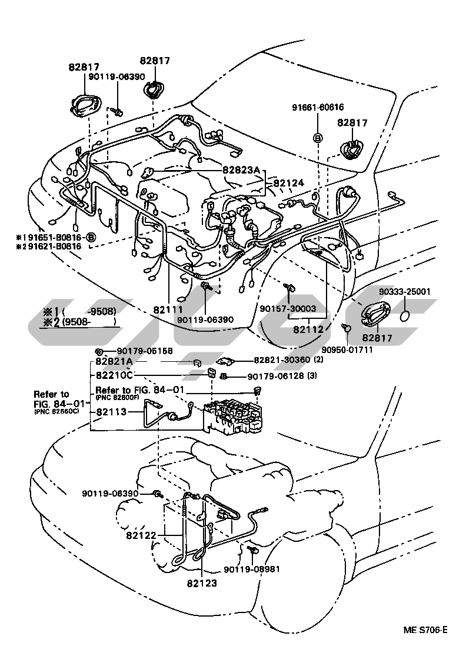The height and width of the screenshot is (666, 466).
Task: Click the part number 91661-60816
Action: click(x=318, y=107)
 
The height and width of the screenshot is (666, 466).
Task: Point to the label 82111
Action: click(x=169, y=309)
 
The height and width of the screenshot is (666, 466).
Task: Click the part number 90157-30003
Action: click(x=288, y=308)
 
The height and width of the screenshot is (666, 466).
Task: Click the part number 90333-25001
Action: click(x=404, y=291)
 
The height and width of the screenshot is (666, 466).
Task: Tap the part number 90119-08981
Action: click(x=252, y=569)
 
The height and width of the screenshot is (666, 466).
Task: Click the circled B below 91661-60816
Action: click(x=318, y=138)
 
